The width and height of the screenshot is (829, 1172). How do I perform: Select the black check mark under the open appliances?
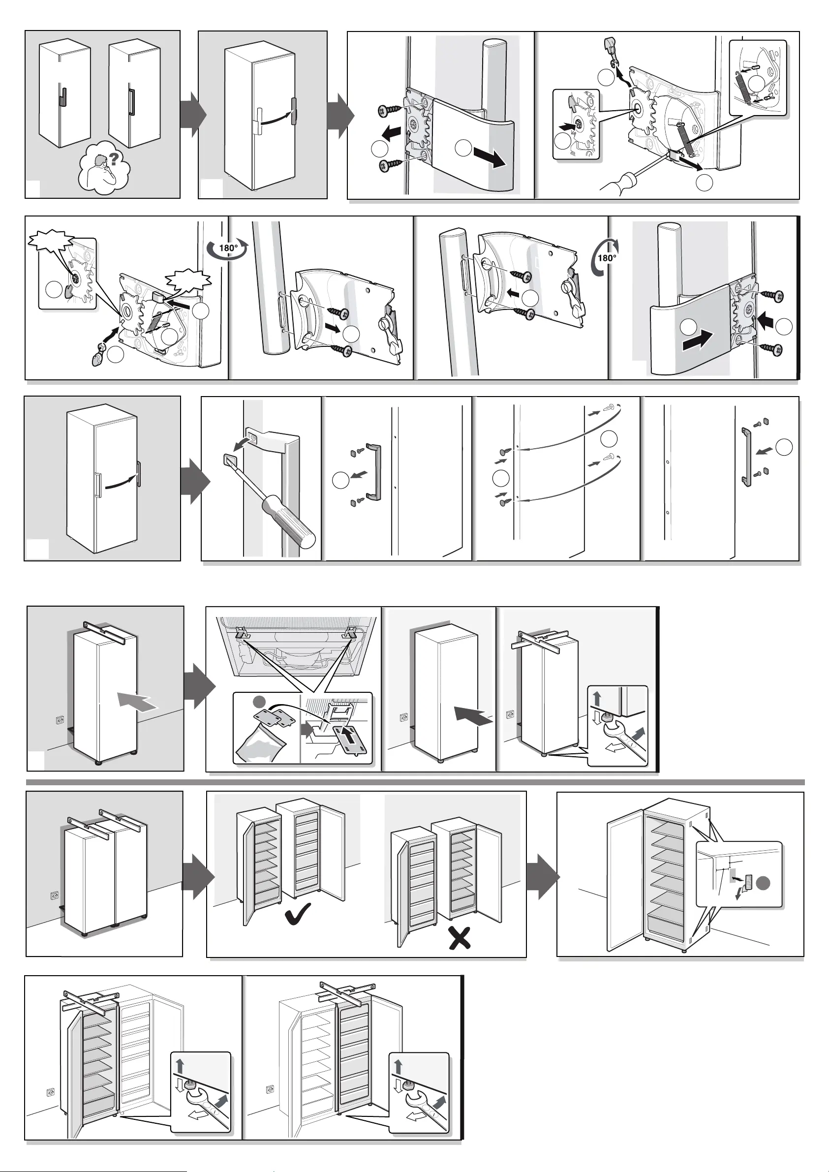coord(298,914)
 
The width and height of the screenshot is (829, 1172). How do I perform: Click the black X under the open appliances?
coord(460,938)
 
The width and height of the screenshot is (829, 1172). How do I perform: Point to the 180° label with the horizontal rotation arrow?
coord(228,248)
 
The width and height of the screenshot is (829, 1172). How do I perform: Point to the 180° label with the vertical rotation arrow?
coord(606,257)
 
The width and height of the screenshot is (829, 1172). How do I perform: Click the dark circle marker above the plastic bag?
coord(259,702)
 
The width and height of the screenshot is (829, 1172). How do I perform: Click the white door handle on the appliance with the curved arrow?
coord(259,121)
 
